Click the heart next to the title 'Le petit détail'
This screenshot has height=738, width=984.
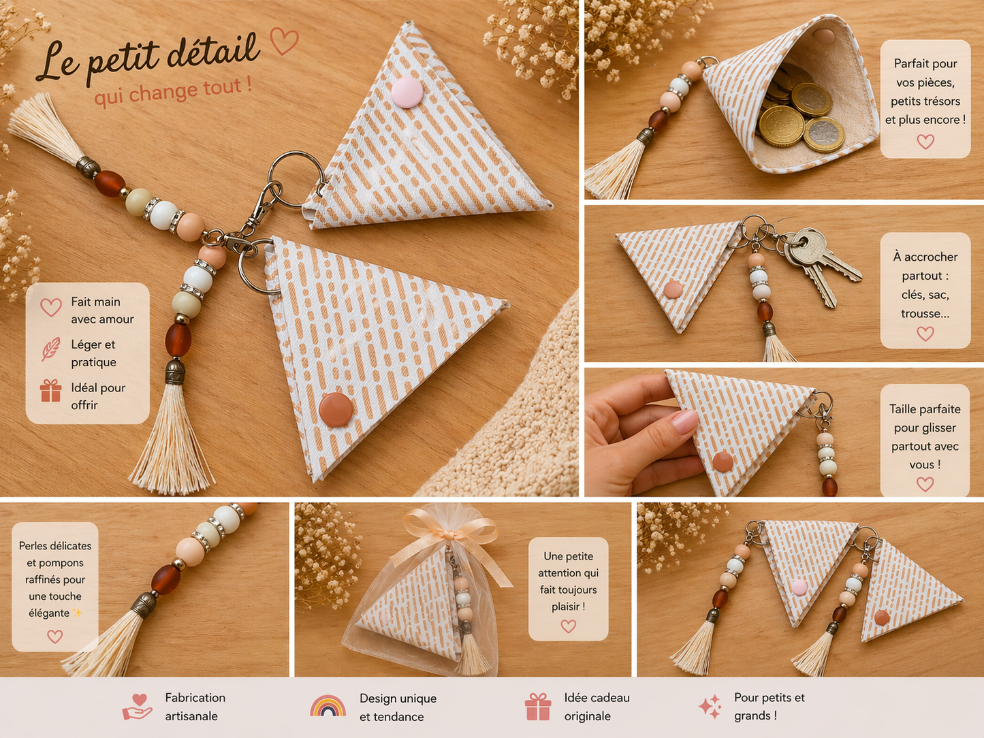(284, 42)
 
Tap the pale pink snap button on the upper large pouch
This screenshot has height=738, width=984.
(407, 92)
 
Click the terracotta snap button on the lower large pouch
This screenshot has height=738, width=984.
(336, 410)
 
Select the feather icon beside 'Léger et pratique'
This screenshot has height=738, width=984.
(50, 349)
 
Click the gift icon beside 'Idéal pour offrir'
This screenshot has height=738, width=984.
(50, 391)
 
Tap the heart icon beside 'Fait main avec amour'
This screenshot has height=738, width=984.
(51, 308)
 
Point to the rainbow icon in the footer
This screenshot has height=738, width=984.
(328, 706)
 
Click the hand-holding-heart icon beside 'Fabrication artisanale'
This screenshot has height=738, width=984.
(137, 707)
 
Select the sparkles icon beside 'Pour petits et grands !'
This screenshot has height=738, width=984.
(710, 707)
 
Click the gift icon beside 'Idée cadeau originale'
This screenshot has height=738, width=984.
(538, 707)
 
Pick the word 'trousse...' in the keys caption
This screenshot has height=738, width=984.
(925, 313)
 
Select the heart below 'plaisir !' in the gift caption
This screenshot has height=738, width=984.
(568, 626)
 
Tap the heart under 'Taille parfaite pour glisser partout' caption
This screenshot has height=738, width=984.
(925, 484)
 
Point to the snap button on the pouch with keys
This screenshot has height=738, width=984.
(672, 289)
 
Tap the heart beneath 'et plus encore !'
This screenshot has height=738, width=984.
(925, 142)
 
